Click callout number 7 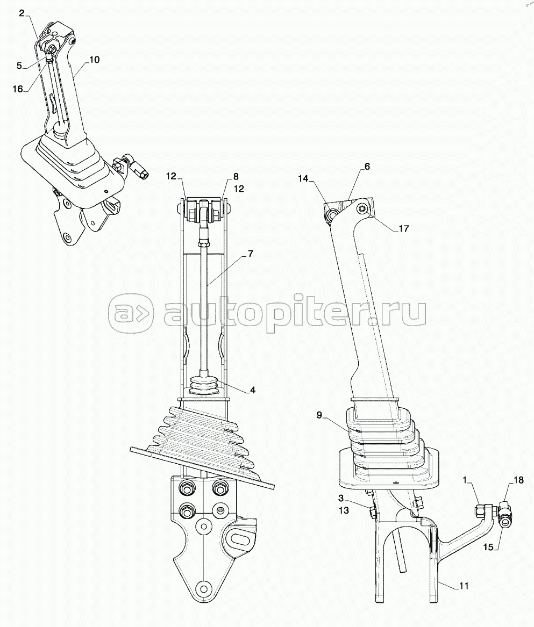tap(251, 254)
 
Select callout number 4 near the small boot tap(253, 390)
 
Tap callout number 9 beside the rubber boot tap(319, 415)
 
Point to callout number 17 tap(403, 228)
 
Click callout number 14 tap(303, 179)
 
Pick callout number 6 tap(367, 167)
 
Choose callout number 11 tap(464, 586)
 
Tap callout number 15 tap(488, 547)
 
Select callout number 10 tap(94, 60)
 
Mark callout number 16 tap(18, 89)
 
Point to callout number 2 tap(22, 13)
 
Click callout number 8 tap(236, 176)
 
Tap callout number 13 tap(344, 510)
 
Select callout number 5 tap(19, 66)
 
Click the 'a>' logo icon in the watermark tap(131, 314)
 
